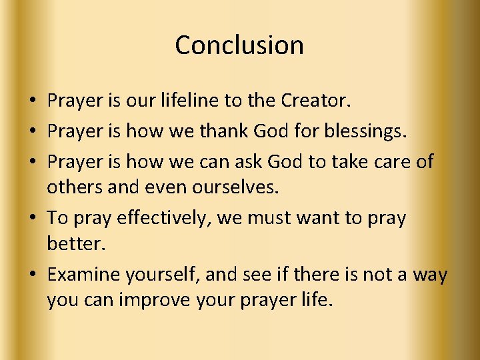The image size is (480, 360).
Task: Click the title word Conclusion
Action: (x=239, y=45)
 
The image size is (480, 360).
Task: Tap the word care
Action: (x=389, y=161)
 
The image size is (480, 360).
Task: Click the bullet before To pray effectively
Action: (x=32, y=218)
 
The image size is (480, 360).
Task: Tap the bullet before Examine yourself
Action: (x=32, y=274)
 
